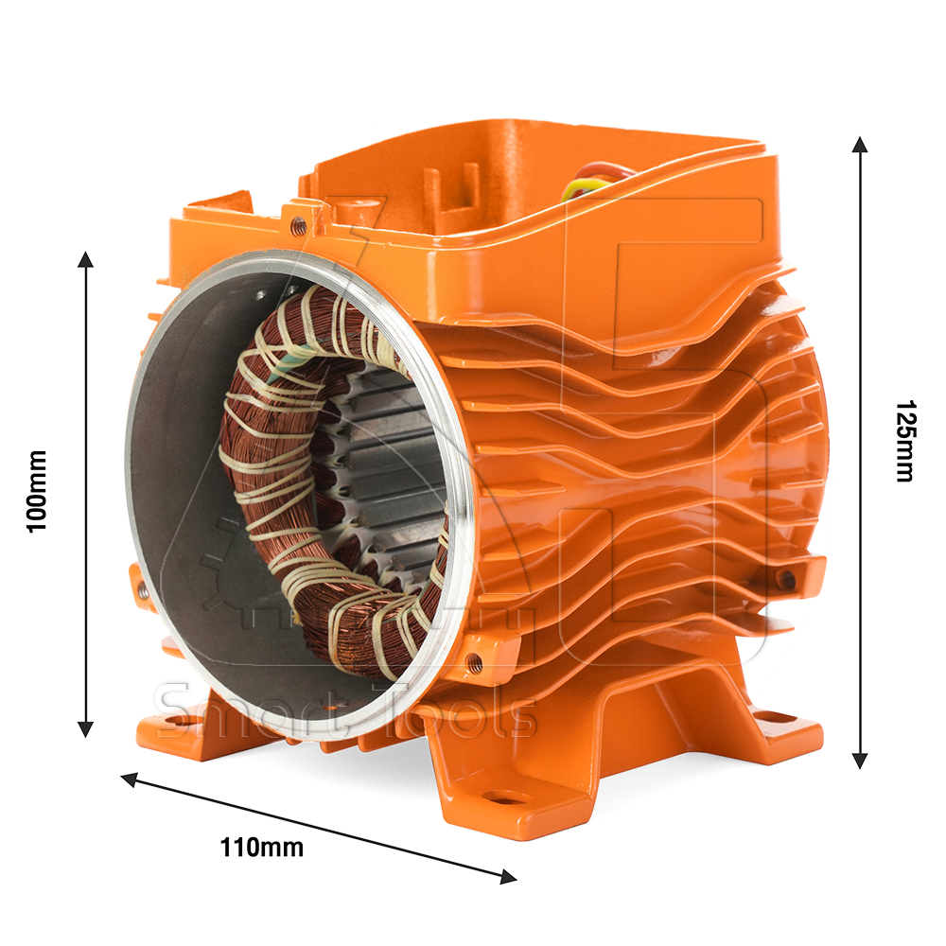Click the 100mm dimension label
coord(37,491)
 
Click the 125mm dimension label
coord(904,441)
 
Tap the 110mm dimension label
coord(261,848)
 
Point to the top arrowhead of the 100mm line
coord(86,259)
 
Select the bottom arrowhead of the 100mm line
coord(86,728)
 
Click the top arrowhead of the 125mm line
coord(860,145)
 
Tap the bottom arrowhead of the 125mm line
coord(860,761)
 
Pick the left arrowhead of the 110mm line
coord(129,779)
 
